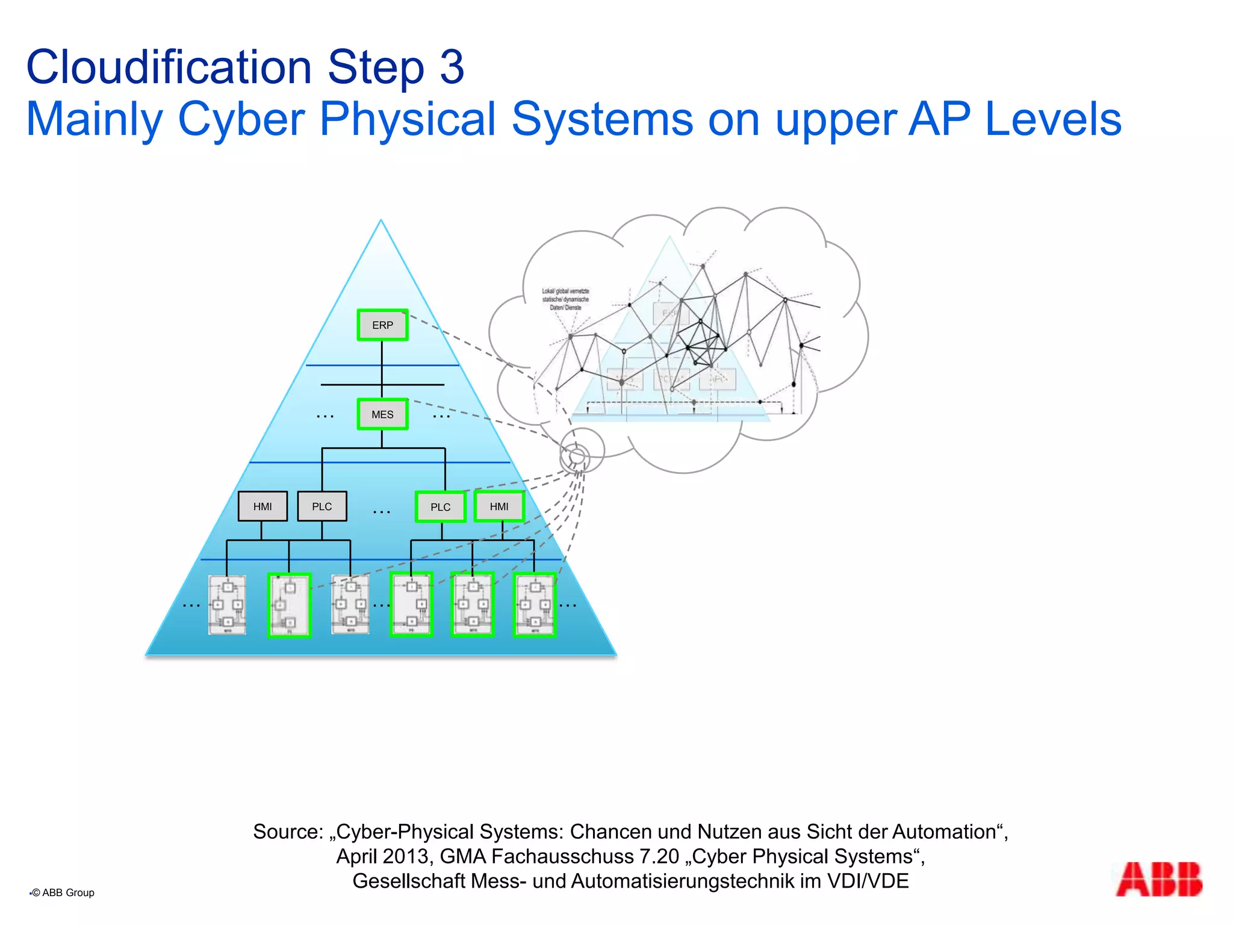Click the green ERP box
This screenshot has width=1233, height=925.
(x=382, y=325)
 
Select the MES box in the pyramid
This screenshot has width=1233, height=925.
(x=382, y=414)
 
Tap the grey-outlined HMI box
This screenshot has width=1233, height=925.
(x=262, y=506)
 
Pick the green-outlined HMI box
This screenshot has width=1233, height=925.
(x=499, y=506)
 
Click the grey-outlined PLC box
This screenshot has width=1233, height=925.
(x=322, y=506)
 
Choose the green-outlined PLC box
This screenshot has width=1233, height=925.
(x=441, y=507)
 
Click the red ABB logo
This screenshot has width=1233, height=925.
(x=1159, y=880)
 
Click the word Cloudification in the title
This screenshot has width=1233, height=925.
(x=169, y=67)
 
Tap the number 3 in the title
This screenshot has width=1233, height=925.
(x=452, y=67)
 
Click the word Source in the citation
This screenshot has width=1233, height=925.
(x=288, y=832)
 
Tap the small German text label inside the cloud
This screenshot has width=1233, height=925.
(x=565, y=299)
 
